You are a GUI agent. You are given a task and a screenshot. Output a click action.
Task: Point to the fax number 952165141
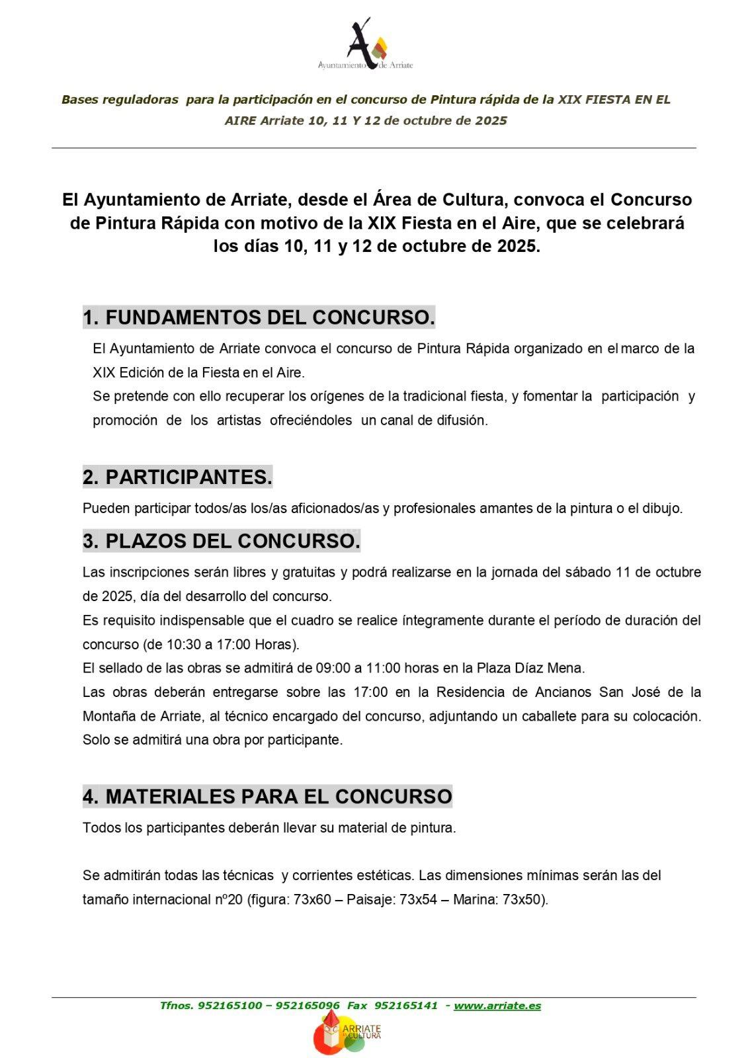[x=406, y=1006]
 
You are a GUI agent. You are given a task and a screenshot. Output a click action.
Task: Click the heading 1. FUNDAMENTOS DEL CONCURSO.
[x=259, y=317]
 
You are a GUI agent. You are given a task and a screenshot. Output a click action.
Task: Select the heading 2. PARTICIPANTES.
[x=177, y=477]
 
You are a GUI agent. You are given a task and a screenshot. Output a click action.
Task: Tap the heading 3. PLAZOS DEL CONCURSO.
[x=222, y=541]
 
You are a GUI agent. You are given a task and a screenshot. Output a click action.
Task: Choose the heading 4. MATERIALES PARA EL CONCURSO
[x=267, y=796]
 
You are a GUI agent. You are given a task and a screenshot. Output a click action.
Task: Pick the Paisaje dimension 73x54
[x=419, y=899]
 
